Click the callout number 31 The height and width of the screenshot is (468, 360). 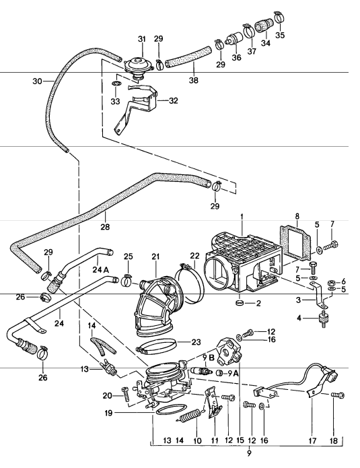click(142, 39)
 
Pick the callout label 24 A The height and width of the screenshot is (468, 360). click(100, 270)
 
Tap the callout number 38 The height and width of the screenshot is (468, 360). click(194, 80)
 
